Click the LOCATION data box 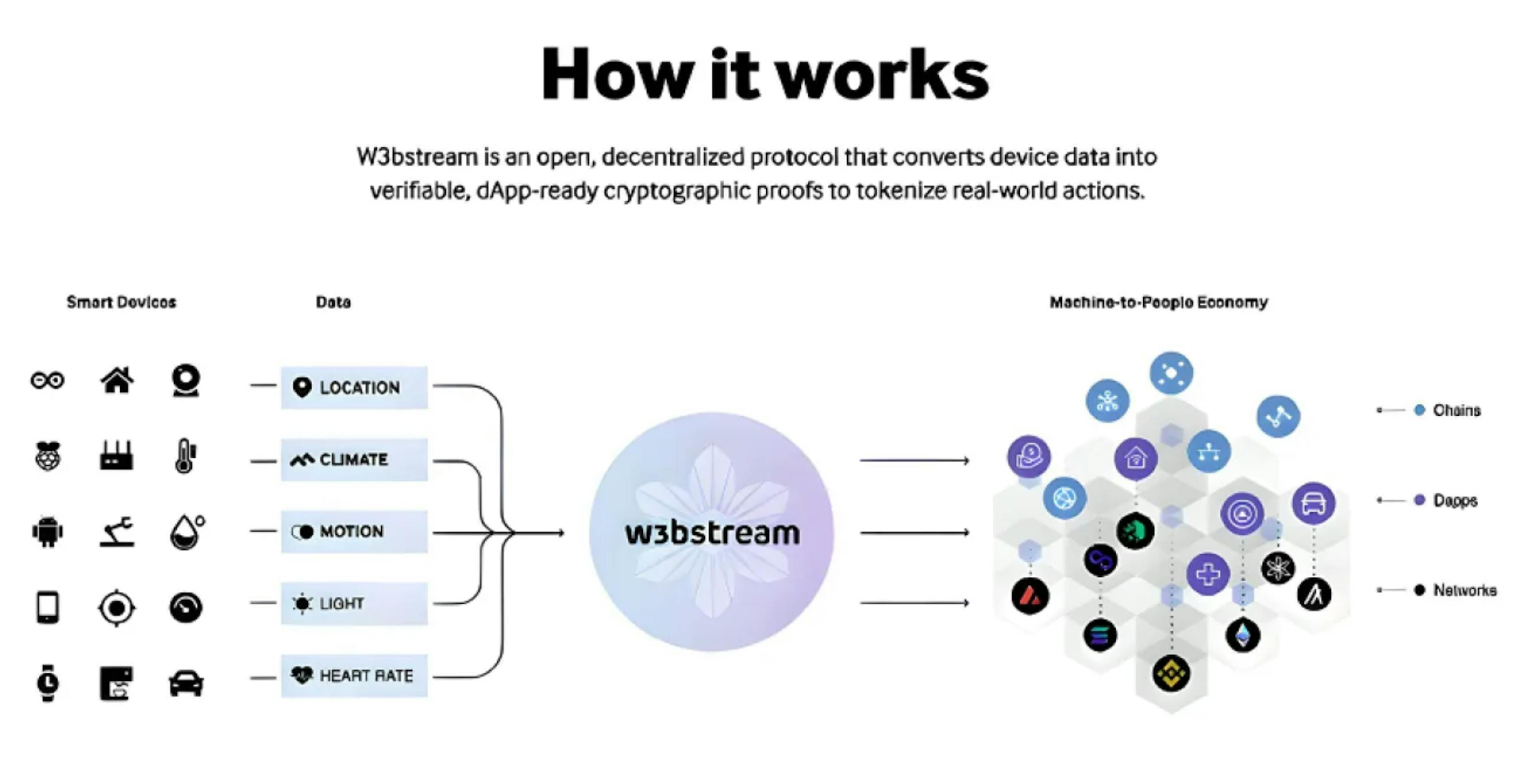tap(354, 388)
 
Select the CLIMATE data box tap(354, 460)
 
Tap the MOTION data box tap(354, 531)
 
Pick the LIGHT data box tap(354, 603)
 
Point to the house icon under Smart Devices tap(117, 380)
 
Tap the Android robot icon tap(48, 531)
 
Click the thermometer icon tap(185, 456)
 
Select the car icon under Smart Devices tap(186, 683)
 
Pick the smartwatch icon tap(48, 683)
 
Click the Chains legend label tap(1456, 410)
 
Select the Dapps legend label tap(1455, 500)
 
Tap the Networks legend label tap(1464, 590)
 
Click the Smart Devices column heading tap(121, 303)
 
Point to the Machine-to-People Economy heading tap(1158, 303)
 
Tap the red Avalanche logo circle tap(1030, 595)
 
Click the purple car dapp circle tap(1313, 503)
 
